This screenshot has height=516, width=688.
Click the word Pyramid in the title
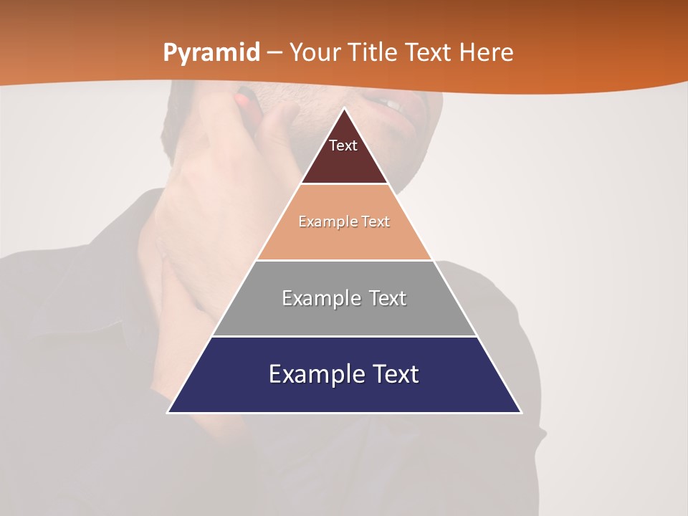point(211,53)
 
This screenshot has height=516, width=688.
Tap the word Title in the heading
point(372,53)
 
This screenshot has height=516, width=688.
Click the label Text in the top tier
point(343,145)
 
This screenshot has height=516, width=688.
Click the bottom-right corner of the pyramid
point(520,411)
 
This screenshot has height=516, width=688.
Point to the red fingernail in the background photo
point(246,97)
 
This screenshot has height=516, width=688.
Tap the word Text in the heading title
point(429,53)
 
